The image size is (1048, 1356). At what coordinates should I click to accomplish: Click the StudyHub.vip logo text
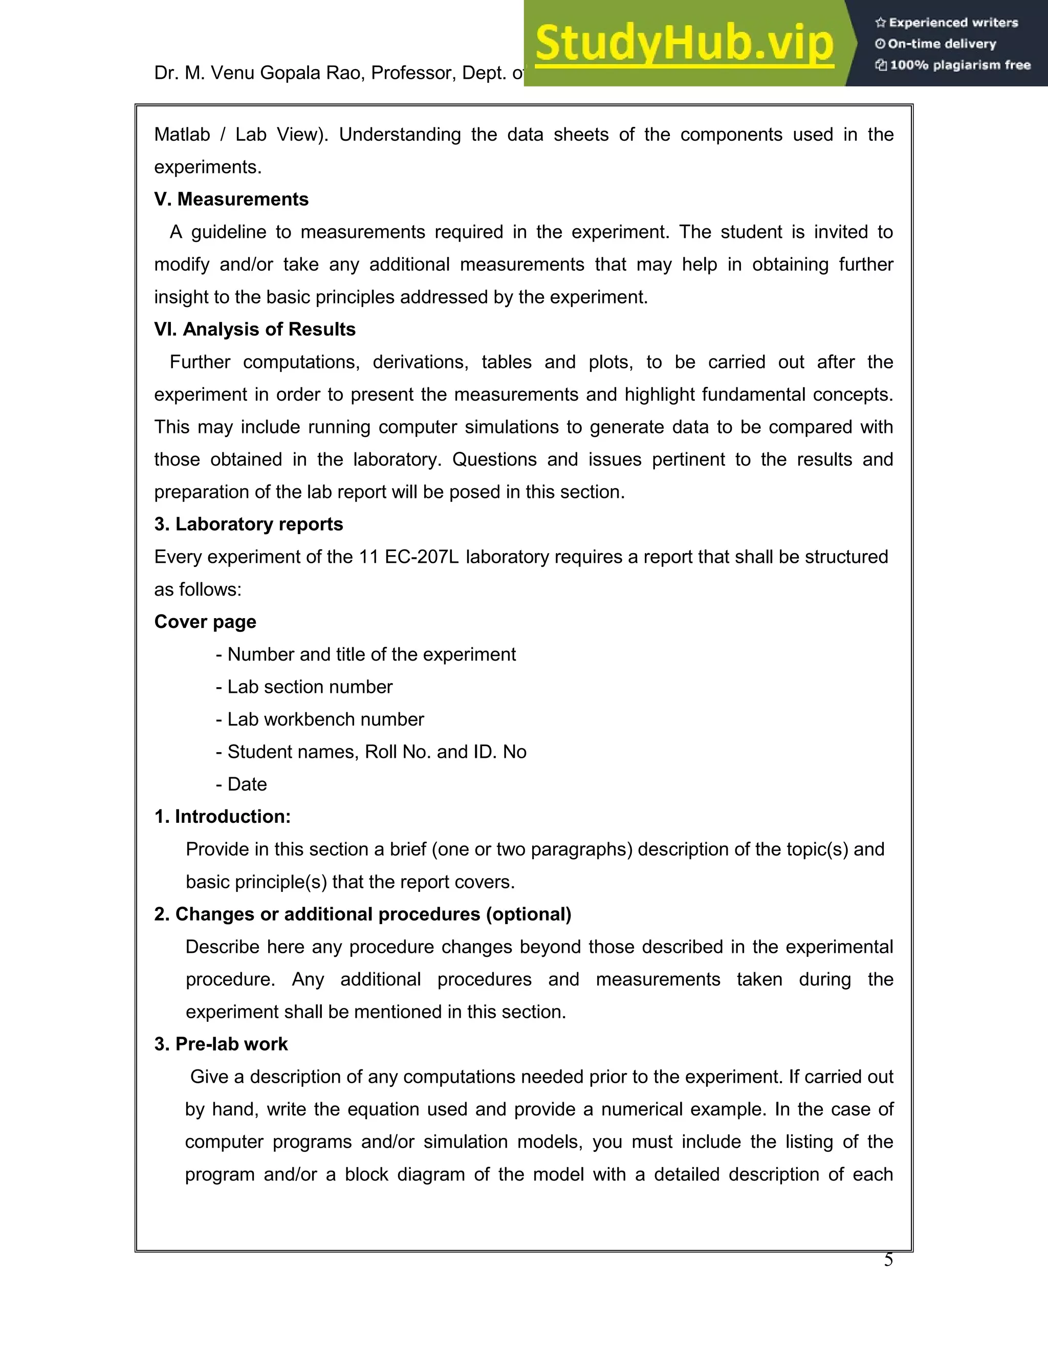tap(684, 43)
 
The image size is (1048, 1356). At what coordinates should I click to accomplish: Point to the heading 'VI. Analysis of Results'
tap(254, 329)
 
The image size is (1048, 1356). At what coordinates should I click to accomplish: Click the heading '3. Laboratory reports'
tap(248, 524)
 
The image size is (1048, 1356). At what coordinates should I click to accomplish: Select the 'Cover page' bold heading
tap(205, 622)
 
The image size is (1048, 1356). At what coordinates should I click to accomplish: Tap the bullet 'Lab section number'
tap(304, 687)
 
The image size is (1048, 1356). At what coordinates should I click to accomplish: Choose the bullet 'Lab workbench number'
tap(320, 719)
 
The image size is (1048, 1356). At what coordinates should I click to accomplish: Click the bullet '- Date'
tap(242, 784)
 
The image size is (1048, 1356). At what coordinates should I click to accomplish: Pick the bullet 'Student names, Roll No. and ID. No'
tap(372, 752)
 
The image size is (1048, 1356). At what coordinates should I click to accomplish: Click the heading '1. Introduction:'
tap(222, 817)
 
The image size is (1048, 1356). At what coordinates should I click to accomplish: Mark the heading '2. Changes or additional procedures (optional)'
tap(363, 914)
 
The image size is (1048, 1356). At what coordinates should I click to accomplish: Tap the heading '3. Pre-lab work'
tap(221, 1044)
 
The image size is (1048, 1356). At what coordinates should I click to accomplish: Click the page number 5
tap(888, 1260)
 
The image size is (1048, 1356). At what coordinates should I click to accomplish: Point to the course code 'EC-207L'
tap(422, 557)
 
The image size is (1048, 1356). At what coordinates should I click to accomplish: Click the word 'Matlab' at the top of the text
tap(182, 135)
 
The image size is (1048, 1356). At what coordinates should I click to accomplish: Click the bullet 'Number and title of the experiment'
tap(366, 654)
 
